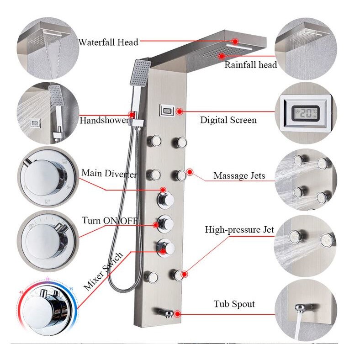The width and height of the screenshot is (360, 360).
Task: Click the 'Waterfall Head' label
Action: tap(108, 42)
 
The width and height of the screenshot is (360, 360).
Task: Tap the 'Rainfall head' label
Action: tap(250, 65)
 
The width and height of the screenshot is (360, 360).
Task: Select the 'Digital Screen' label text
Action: tap(228, 120)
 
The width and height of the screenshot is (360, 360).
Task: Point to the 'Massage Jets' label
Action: tap(239, 175)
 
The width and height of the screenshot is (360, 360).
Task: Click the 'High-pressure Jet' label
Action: tap(239, 230)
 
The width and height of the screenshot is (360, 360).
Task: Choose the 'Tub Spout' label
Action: tap(234, 304)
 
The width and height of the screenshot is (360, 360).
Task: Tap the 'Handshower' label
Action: tap(105, 120)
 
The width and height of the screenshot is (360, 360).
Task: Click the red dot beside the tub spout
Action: tap(177, 313)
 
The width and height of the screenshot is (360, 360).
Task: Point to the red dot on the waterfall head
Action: tap(235, 41)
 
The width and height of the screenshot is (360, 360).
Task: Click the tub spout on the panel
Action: tap(166, 312)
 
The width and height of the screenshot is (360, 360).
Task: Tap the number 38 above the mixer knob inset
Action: tap(48, 279)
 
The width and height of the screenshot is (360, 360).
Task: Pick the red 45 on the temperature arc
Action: tap(21, 292)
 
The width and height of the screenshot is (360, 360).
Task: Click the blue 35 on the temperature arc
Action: tap(71, 289)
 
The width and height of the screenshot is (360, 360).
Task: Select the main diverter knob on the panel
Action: tap(165, 201)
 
